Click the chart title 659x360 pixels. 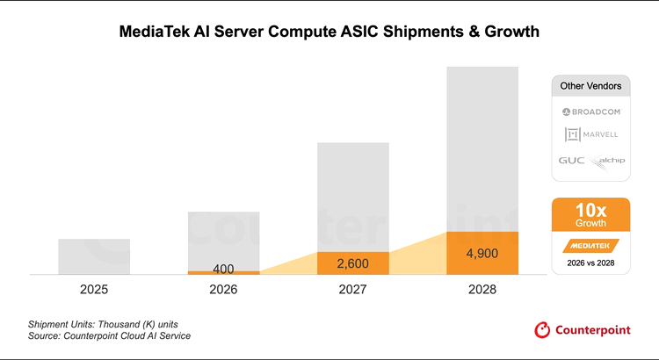329,32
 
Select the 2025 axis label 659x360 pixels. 94,289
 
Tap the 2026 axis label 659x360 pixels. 223,289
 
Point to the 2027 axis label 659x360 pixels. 352,289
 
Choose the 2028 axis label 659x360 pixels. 482,289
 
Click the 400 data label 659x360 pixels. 223,269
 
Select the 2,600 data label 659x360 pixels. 352,263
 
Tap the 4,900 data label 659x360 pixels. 482,254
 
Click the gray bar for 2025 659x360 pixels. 94,256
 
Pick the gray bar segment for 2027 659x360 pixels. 352,197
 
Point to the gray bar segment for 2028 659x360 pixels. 482,149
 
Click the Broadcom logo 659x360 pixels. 590,112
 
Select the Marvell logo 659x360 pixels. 590,134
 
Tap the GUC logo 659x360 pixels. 569,161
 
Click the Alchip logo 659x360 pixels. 605,160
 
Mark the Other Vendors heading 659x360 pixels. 590,86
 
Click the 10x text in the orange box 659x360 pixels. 590,211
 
